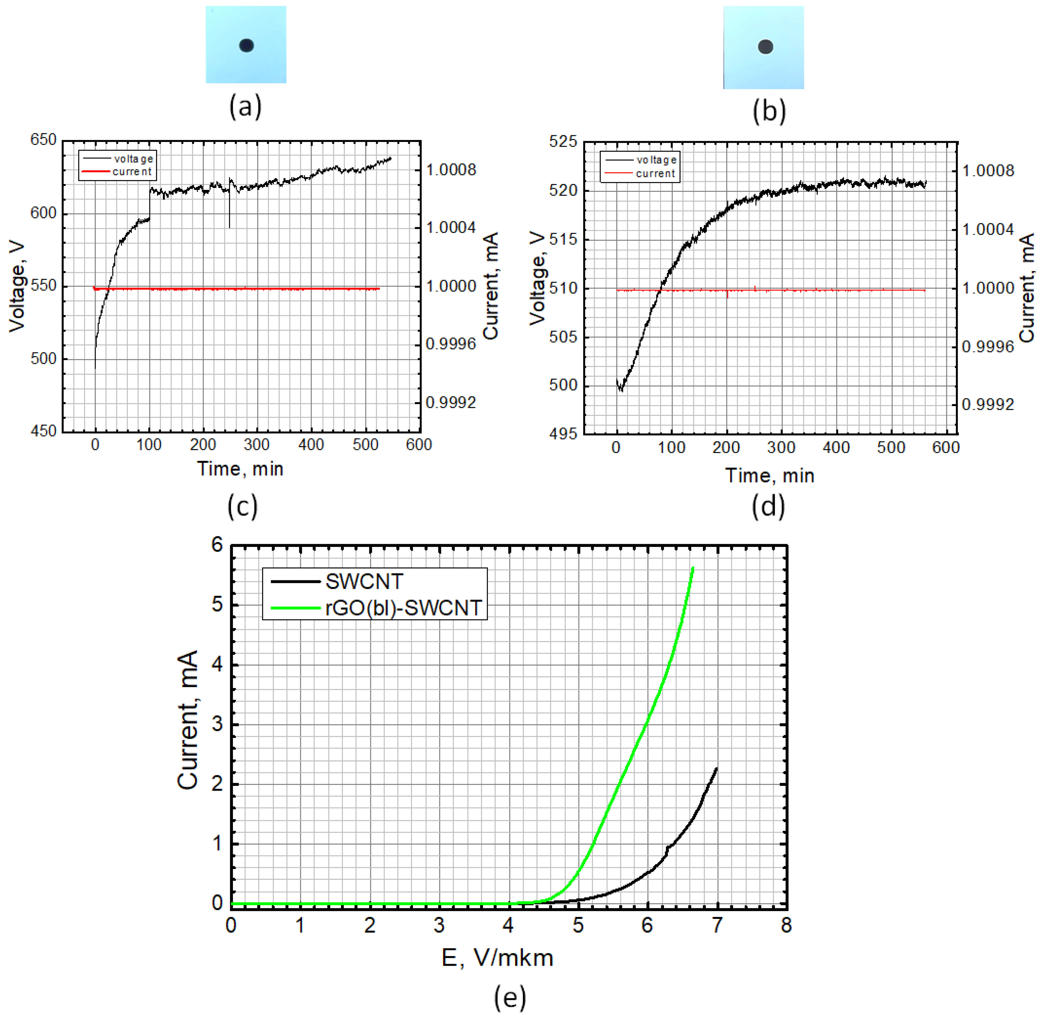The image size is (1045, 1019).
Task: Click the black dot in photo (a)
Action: pyautogui.click(x=246, y=45)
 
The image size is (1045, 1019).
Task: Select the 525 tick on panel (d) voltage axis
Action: pyautogui.click(x=563, y=142)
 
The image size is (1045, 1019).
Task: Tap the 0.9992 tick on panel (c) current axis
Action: pyautogui.click(x=451, y=402)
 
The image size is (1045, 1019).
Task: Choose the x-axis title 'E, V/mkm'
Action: pyautogui.click(x=497, y=958)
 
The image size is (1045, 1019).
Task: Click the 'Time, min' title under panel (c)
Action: pyautogui.click(x=240, y=469)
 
